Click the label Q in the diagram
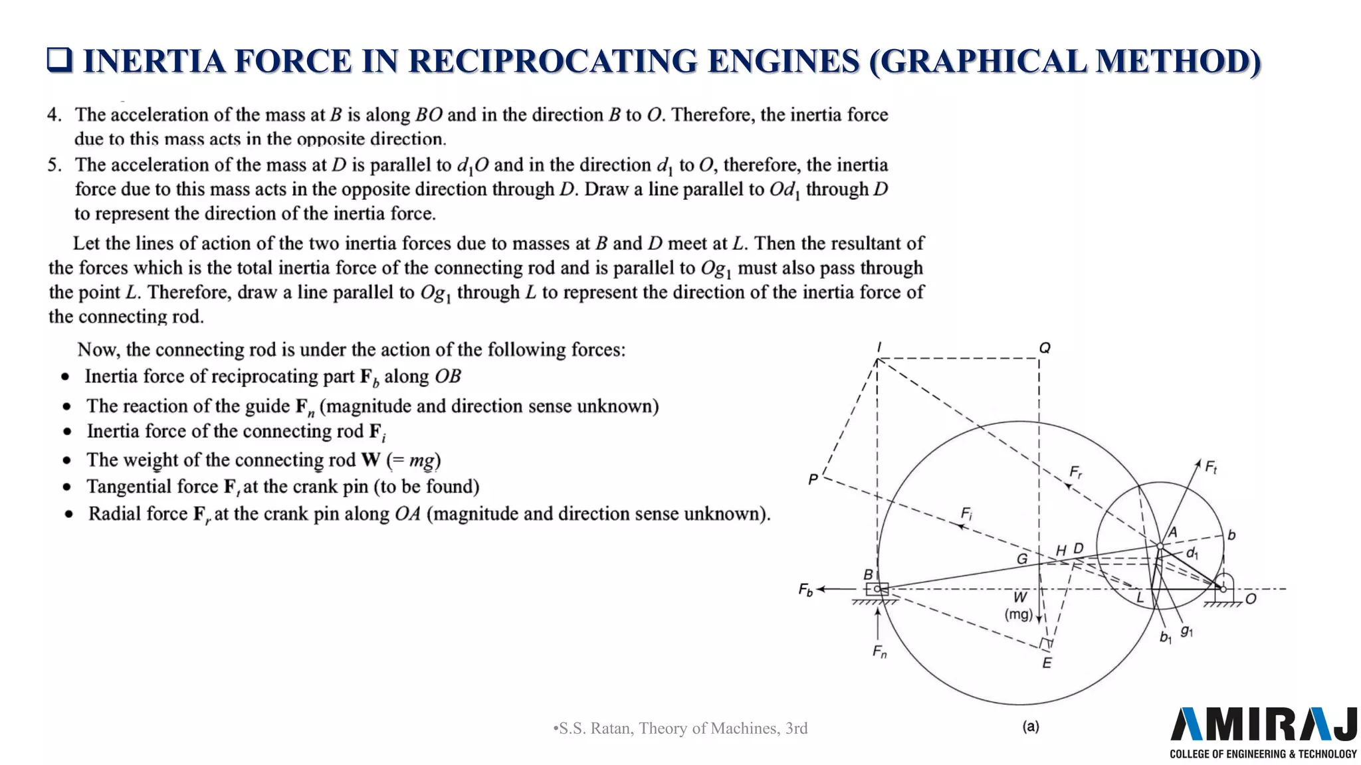[1045, 348]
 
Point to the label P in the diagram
[813, 479]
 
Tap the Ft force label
[1211, 467]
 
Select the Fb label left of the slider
[805, 590]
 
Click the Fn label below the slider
[879, 652]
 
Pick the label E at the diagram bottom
[1047, 663]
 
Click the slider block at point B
[877, 589]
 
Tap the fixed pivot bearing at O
[1223, 588]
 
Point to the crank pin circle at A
[1160, 546]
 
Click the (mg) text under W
[1018, 614]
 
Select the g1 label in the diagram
[1187, 631]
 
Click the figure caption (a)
[1031, 726]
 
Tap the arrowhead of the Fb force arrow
[821, 589]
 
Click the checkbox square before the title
[59, 60]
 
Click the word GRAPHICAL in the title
[977, 61]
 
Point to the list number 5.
[54, 165]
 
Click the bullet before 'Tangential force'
[66, 487]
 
